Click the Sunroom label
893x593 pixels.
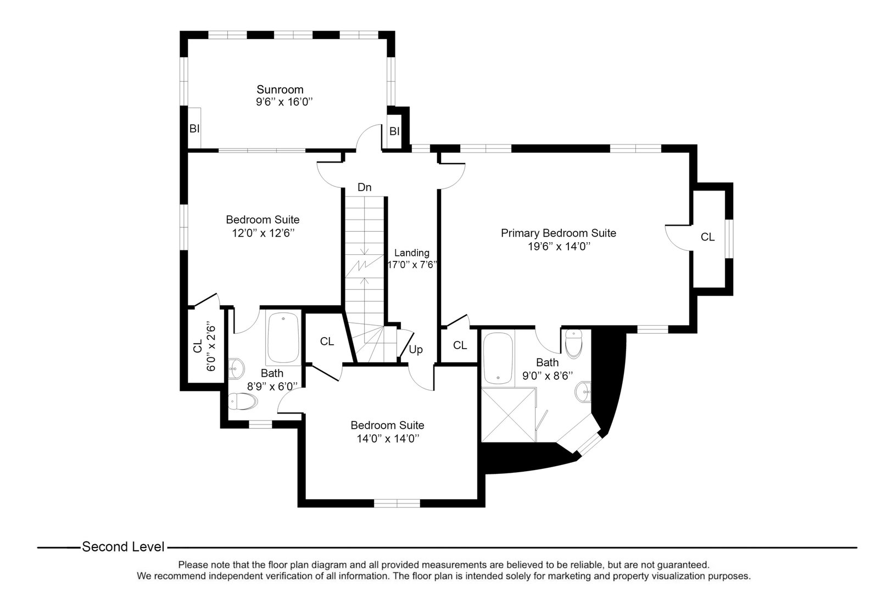(280, 89)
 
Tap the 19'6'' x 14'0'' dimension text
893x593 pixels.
(559, 247)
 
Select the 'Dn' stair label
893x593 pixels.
(364, 188)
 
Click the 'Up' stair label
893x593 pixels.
(416, 350)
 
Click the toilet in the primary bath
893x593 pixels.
(573, 343)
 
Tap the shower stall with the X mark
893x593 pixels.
(507, 415)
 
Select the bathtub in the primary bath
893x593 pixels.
(498, 357)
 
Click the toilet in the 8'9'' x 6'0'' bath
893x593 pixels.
(244, 401)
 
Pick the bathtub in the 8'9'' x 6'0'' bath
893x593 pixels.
(283, 338)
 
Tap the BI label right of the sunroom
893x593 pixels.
(394, 132)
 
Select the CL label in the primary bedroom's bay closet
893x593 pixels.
(707, 237)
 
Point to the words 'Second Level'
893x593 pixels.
(123, 547)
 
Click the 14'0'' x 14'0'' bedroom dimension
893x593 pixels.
(387, 439)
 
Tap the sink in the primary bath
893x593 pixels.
(583, 391)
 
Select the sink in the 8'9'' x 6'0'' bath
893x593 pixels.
(236, 368)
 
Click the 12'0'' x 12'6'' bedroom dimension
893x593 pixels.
(263, 233)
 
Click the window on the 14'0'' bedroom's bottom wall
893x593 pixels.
(397, 503)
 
